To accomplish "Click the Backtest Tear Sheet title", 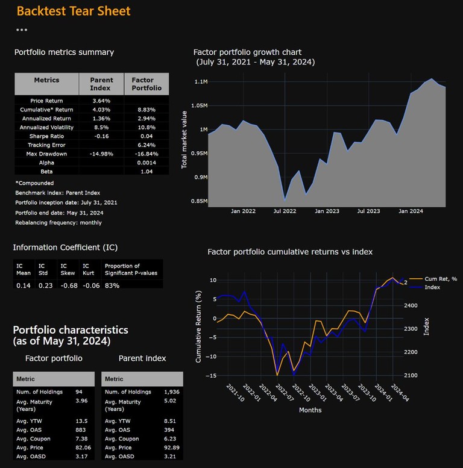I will point(73,11).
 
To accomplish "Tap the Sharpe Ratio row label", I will point(46,136).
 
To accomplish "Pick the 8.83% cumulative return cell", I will point(146,110).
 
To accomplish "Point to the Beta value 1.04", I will point(146,172).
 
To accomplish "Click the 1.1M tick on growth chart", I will point(201,82).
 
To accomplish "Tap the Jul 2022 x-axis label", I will point(285,211).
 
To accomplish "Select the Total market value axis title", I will point(184,139).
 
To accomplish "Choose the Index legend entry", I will point(432,287).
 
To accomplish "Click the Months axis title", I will point(310,410).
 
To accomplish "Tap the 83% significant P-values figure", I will point(112,285).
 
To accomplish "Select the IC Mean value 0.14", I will point(23,285).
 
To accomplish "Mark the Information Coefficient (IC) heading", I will point(65,248).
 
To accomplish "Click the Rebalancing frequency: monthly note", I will point(58,223).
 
